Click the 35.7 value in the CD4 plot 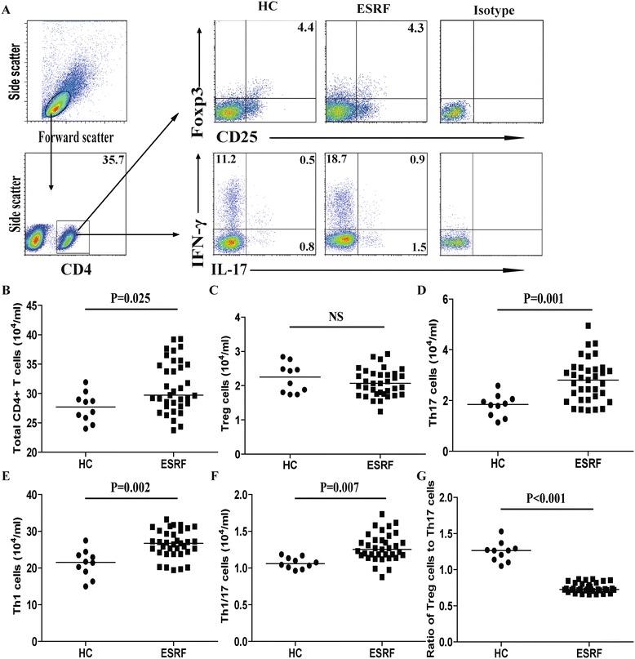(113, 163)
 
